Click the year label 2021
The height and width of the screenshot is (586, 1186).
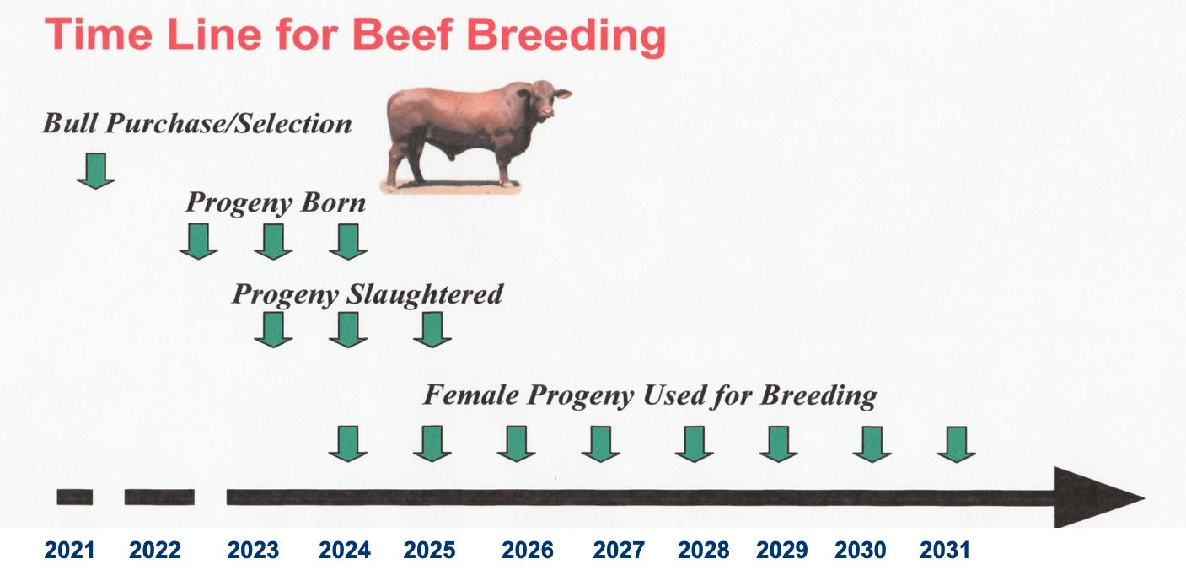pyautogui.click(x=69, y=550)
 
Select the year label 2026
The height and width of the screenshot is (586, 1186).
pyautogui.click(x=528, y=550)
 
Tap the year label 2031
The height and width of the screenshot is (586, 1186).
pyautogui.click(x=945, y=550)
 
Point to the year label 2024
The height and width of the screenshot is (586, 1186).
pyautogui.click(x=345, y=550)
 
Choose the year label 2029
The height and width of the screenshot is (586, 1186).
pyautogui.click(x=782, y=550)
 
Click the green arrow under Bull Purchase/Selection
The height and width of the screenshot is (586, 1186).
pyautogui.click(x=96, y=171)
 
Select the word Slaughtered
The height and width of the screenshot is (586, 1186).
pyautogui.click(x=424, y=294)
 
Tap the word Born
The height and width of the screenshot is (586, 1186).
pyautogui.click(x=333, y=202)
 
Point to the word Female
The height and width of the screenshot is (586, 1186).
pyautogui.click(x=471, y=395)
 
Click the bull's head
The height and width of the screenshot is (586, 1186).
pyautogui.click(x=546, y=99)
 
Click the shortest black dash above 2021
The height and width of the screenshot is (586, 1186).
pyautogui.click(x=75, y=497)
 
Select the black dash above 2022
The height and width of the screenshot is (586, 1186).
pyautogui.click(x=159, y=497)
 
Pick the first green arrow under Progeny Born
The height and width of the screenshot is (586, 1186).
pyautogui.click(x=199, y=242)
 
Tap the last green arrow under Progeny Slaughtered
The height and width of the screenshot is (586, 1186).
pyautogui.click(x=432, y=330)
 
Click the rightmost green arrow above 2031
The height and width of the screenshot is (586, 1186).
pyautogui.click(x=957, y=444)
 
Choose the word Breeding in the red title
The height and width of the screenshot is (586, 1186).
pyautogui.click(x=566, y=36)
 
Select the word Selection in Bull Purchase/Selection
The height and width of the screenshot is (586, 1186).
pyautogui.click(x=293, y=123)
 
